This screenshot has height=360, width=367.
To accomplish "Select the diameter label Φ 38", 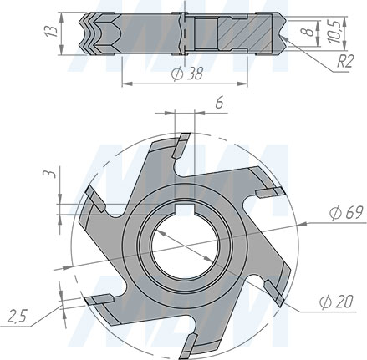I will coord(186,74).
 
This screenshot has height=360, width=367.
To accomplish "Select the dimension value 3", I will coord(49,175).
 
